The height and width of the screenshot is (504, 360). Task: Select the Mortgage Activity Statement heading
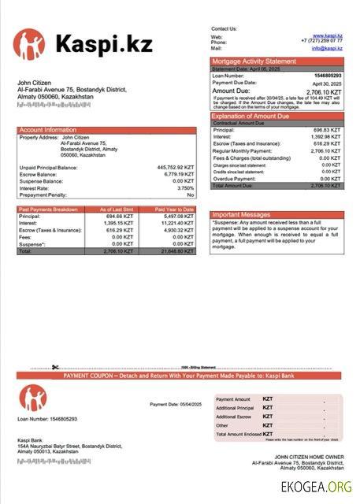pos(254,61)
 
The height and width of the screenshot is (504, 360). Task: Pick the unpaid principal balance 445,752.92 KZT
pos(176,168)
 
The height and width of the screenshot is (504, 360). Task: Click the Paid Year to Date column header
pos(175,209)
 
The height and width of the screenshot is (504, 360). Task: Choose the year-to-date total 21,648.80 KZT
pos(175,250)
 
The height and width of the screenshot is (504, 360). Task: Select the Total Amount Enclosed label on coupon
pos(237,434)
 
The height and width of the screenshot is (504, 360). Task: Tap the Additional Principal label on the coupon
pos(234,408)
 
